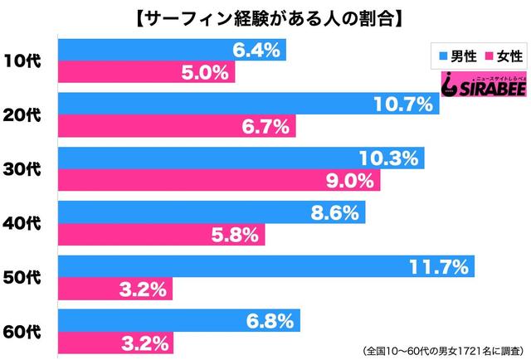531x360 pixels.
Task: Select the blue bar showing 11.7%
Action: coord(266,266)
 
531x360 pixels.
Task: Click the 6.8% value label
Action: coord(270,320)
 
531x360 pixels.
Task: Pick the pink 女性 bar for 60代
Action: coord(115,343)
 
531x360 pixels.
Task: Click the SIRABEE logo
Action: coord(484,83)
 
